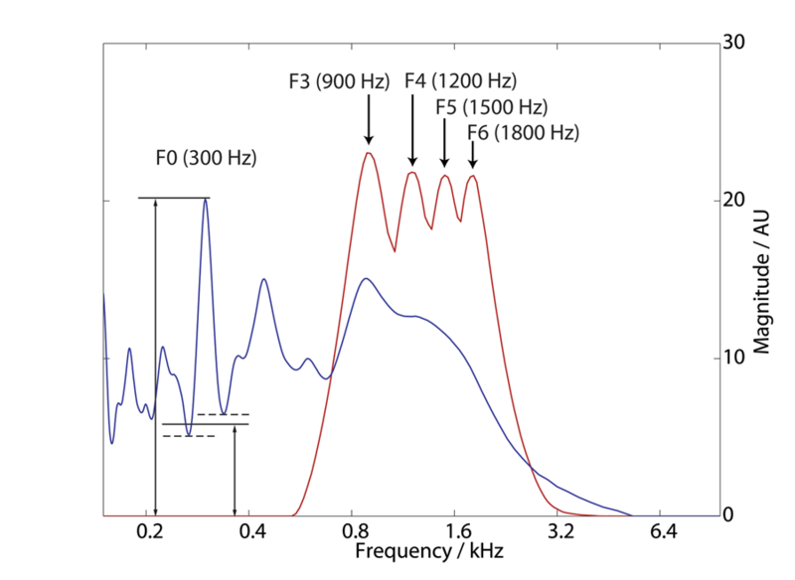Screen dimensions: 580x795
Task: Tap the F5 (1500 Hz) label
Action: tap(493, 106)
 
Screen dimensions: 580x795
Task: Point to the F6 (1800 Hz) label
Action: tap(524, 131)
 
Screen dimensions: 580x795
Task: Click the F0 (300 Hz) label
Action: tap(206, 157)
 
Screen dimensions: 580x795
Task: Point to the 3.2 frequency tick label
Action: tap(560, 533)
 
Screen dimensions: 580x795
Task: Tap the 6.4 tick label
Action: tap(663, 533)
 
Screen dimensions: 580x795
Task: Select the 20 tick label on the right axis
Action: tap(734, 201)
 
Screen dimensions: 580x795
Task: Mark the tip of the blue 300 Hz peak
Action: tap(206, 199)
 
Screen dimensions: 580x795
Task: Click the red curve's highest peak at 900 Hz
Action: tap(369, 152)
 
